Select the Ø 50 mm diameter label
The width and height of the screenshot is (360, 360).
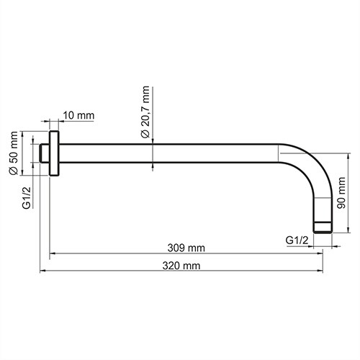pyautogui.click(x=12, y=153)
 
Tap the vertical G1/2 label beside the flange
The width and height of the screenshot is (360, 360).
pyautogui.click(x=26, y=197)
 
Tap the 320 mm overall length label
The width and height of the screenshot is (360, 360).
pyautogui.click(x=182, y=266)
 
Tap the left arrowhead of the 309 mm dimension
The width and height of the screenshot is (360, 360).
pyautogui.click(x=53, y=253)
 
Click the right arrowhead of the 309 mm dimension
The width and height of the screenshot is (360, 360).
pyautogui.click(x=311, y=253)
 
